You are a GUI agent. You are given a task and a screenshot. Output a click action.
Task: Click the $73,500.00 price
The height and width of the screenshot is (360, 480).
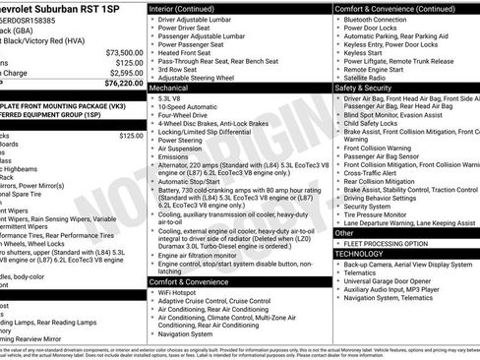[x=123, y=52]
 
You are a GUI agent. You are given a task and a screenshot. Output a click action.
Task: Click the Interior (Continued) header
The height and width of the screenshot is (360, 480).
[x=191, y=8]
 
